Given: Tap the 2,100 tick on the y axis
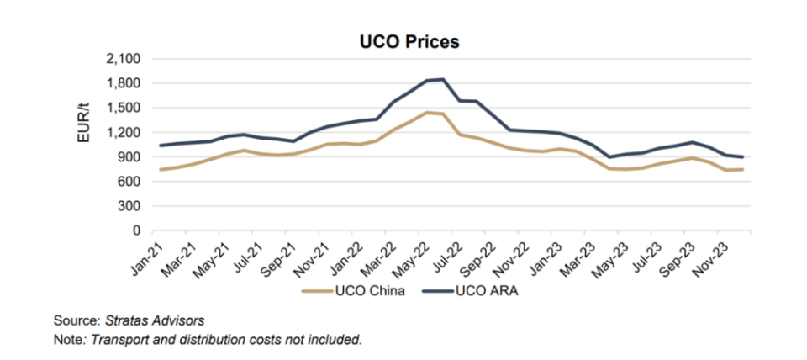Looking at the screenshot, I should [124, 59].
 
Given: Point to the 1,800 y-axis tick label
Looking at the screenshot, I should [124, 83].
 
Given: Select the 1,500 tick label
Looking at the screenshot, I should [124, 108].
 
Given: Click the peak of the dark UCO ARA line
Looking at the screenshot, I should [443, 79].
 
